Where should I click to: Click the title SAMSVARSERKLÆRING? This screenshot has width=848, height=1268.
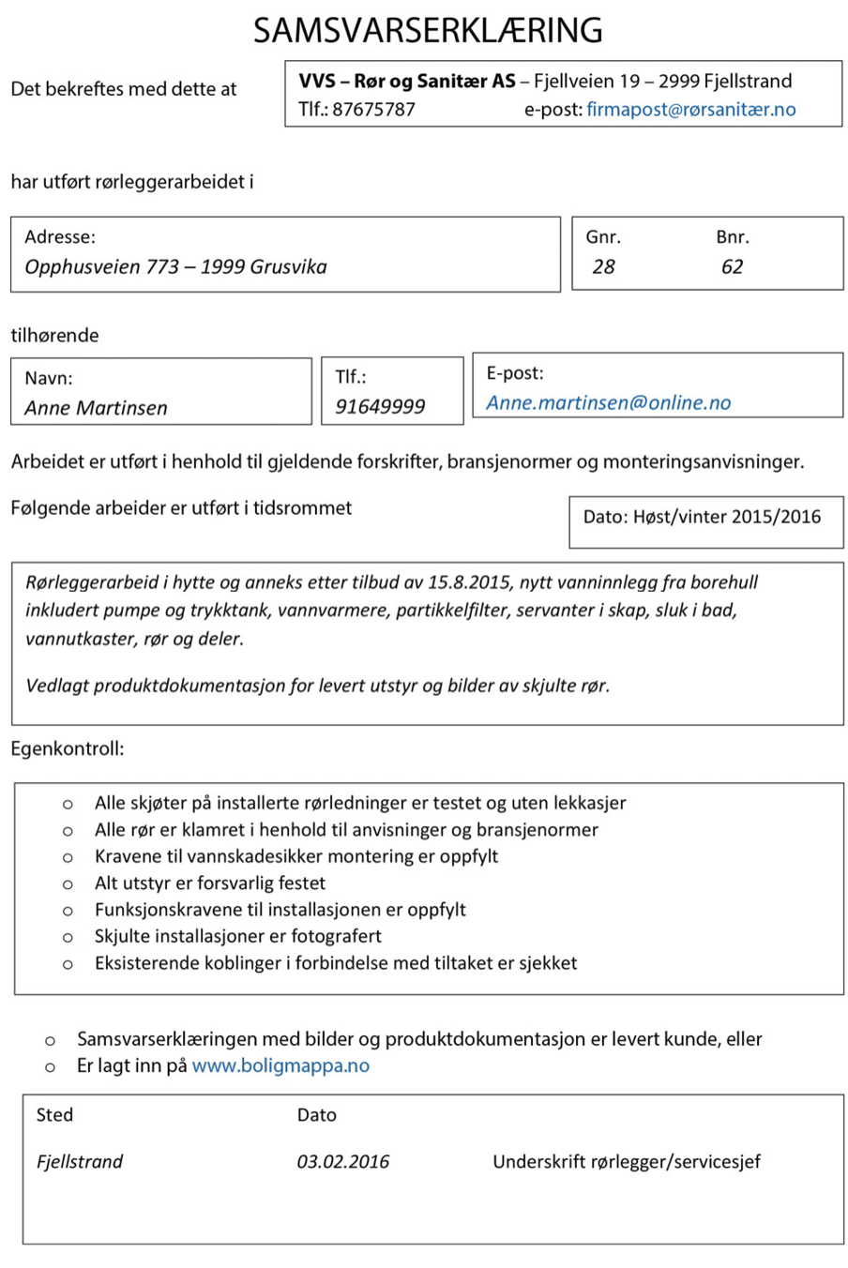[428, 31]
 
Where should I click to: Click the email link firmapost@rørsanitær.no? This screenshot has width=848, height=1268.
[690, 110]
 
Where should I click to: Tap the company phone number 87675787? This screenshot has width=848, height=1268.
[373, 110]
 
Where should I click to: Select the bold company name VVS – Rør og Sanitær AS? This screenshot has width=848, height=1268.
[406, 82]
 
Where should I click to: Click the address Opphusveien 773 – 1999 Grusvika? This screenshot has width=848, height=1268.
[175, 267]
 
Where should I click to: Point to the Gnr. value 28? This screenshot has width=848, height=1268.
[603, 267]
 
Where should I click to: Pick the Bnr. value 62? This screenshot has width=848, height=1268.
[732, 267]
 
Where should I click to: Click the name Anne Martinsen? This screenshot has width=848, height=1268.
[96, 408]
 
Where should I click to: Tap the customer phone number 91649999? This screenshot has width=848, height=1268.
[380, 407]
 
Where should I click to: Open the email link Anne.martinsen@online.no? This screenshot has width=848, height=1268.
[608, 403]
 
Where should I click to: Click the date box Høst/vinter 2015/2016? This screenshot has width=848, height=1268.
[702, 517]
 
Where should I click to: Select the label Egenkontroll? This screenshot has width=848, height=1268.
[67, 749]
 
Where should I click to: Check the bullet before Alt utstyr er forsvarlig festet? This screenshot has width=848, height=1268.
[68, 883]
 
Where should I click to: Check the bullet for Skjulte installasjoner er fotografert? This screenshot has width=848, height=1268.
[68, 937]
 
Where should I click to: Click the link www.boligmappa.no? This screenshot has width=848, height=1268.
[280, 1066]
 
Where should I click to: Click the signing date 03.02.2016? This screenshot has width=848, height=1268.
[342, 1162]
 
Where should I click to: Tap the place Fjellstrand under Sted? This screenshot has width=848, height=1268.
[80, 1162]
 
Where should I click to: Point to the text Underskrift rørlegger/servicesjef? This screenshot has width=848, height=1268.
[626, 1162]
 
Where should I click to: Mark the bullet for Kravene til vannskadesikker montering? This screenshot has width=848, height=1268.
[68, 857]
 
